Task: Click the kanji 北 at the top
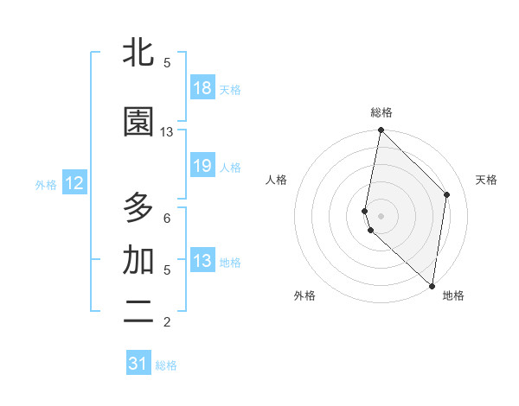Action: click(x=138, y=53)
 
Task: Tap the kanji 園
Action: click(x=138, y=122)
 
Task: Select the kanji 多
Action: click(x=138, y=208)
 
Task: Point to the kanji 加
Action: click(x=138, y=260)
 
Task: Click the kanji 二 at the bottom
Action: click(x=138, y=312)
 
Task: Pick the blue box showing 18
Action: click(x=202, y=87)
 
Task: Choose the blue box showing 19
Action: click(x=202, y=165)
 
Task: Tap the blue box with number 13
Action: click(x=202, y=260)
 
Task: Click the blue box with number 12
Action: click(x=74, y=183)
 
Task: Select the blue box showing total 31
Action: click(x=138, y=364)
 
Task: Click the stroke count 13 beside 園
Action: click(x=167, y=132)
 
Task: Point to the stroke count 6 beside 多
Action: click(x=167, y=219)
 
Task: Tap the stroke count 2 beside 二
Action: click(x=167, y=322)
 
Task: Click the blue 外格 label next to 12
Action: click(x=46, y=184)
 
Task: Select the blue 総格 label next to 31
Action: click(x=166, y=365)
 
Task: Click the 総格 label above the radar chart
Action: click(x=381, y=112)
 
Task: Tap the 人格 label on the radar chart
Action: click(x=276, y=180)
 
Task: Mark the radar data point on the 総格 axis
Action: click(x=381, y=130)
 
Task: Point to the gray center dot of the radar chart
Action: click(x=381, y=215)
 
